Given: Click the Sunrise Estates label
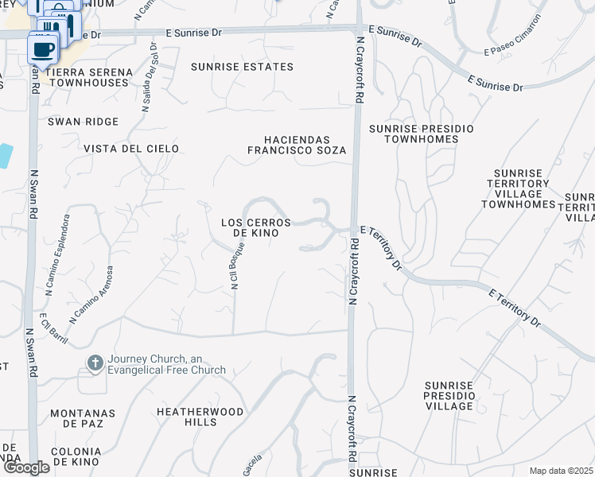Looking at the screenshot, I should point(242,67).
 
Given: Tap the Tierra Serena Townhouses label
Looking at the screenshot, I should point(89,77).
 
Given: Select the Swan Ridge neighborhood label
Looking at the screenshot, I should point(83,122).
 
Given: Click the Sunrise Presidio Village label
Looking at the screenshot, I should point(449,395).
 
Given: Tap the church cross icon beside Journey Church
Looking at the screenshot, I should point(95,363).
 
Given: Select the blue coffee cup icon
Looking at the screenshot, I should point(42,48).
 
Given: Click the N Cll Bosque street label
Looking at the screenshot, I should point(235,267).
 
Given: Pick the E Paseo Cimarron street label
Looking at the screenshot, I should point(513,51).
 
